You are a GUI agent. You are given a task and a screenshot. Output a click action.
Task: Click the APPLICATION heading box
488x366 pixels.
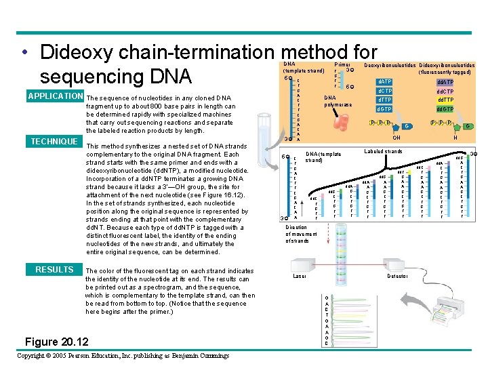click(x=54, y=96)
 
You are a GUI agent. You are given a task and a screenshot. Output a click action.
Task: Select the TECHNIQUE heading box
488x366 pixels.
click(x=54, y=141)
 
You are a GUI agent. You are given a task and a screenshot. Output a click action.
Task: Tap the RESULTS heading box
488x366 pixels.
click(x=54, y=270)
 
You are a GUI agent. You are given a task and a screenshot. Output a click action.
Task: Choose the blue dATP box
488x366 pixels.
click(x=384, y=81)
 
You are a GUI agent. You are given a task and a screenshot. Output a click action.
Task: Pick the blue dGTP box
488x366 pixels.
click(x=384, y=108)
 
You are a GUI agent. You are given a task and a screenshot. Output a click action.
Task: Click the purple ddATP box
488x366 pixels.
click(x=445, y=81)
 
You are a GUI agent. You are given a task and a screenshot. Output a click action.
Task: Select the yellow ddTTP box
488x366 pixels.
click(x=445, y=100)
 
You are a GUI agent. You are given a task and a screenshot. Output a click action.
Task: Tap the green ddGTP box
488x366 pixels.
click(x=445, y=109)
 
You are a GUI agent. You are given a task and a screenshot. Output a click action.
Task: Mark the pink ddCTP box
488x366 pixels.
click(x=445, y=91)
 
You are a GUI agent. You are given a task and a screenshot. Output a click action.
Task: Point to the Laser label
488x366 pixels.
click(x=300, y=276)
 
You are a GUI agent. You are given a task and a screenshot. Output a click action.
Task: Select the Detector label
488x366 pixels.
click(x=397, y=276)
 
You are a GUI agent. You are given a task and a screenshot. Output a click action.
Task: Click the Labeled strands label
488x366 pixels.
click(x=384, y=151)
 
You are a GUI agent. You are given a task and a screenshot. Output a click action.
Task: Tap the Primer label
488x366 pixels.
click(x=343, y=64)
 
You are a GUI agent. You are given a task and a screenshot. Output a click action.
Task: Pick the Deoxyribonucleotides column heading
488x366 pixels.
click(x=390, y=65)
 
